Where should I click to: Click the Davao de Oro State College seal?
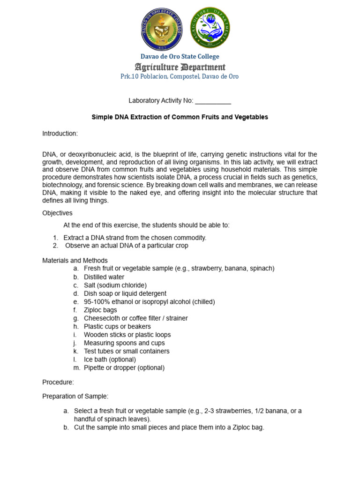click(x=162, y=29)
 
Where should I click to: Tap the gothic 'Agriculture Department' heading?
click(x=180, y=67)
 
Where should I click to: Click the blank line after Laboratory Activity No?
click(x=213, y=101)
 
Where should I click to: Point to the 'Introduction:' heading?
click(x=60, y=134)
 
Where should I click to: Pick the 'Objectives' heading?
click(x=57, y=213)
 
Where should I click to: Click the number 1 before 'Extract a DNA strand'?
click(x=55, y=238)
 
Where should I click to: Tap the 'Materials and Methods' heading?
click(x=75, y=261)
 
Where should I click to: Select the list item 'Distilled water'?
click(x=104, y=277)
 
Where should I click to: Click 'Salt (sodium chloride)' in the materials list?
click(x=115, y=285)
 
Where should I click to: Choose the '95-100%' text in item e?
click(x=96, y=302)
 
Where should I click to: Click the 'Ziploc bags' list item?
click(x=100, y=310)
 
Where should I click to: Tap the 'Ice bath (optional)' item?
click(x=110, y=360)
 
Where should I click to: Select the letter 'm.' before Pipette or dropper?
click(x=76, y=367)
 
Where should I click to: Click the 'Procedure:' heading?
click(x=58, y=382)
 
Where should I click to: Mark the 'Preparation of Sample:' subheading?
click(x=75, y=397)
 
